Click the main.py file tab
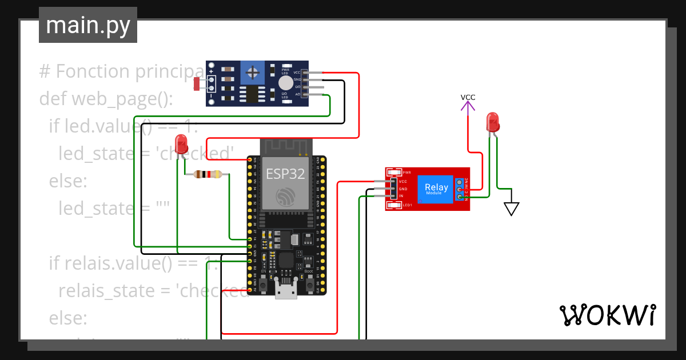coord(87,25)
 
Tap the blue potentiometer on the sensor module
coord(251,73)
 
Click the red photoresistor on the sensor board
coord(197,84)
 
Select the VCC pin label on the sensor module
coord(297,73)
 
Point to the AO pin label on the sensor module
coord(297,93)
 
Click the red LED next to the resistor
coord(182,143)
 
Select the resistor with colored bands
coord(208,174)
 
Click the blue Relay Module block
coord(437,189)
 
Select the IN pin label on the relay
coord(401,195)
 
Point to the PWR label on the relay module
coord(407,172)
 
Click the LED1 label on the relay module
coord(407,205)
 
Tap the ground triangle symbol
coord(511,209)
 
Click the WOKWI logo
coord(607,315)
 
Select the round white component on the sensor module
coord(285,83)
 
